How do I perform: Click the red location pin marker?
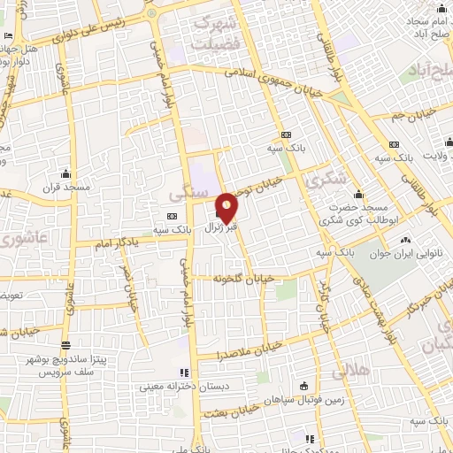[x=227, y=206]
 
